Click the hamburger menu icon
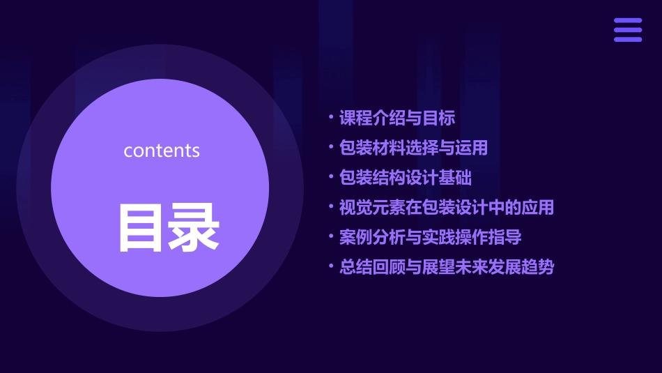[x=627, y=30]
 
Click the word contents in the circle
[x=162, y=151]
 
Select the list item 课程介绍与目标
[x=397, y=118]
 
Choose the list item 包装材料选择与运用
[x=413, y=148]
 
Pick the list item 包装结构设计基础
[x=406, y=178]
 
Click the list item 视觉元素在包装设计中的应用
[x=446, y=207]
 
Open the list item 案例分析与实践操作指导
[x=430, y=237]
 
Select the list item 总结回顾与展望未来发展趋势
[x=446, y=267]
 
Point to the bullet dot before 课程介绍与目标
[x=331, y=118]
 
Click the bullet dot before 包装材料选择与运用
[x=331, y=148]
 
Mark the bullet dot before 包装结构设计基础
[x=331, y=178]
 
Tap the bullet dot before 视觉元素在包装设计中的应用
[x=331, y=207]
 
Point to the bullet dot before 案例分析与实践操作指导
[x=331, y=237]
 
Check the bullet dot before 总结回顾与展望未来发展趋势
[x=331, y=267]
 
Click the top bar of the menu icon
[x=627, y=21]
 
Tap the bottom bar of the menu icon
[x=627, y=39]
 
